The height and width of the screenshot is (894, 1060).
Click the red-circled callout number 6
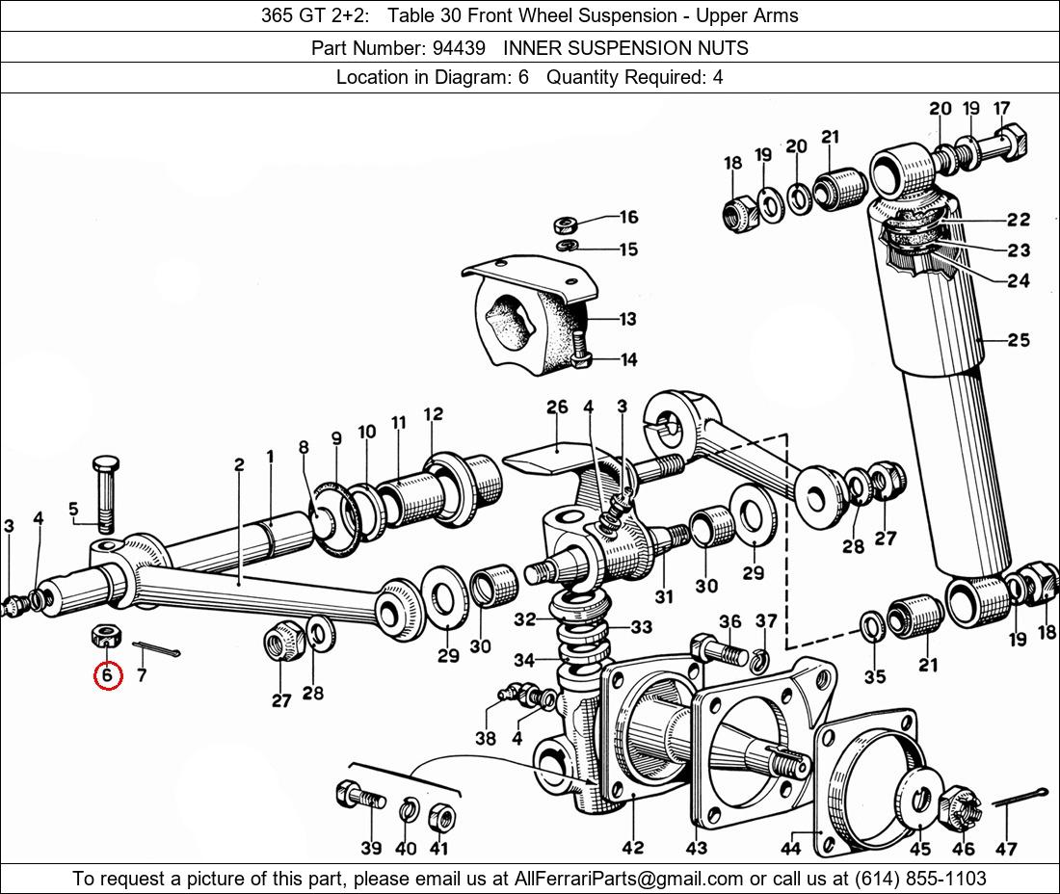(x=107, y=675)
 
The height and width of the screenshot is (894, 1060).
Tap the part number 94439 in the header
(x=459, y=48)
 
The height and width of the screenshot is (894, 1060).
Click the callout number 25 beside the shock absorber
(x=1019, y=340)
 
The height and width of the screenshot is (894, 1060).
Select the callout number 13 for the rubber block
(x=627, y=318)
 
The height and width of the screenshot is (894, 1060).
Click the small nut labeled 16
(x=565, y=223)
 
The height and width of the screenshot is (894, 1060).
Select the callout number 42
(x=633, y=847)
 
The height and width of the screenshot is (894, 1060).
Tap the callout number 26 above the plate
(x=557, y=408)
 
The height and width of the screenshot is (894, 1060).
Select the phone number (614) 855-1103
(x=920, y=879)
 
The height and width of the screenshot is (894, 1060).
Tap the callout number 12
(x=434, y=413)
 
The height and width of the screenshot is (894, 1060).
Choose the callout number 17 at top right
(x=1001, y=108)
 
